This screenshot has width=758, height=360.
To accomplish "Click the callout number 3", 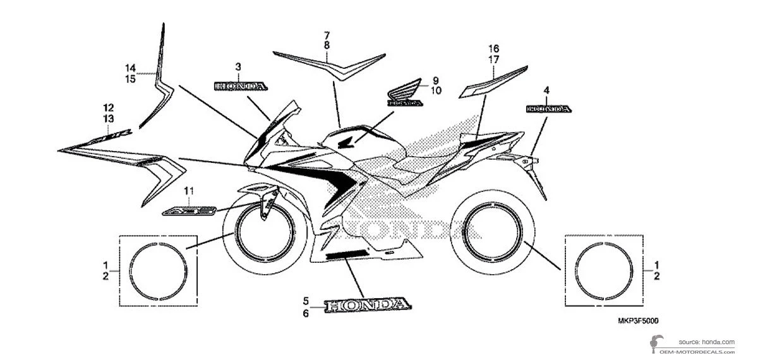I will pyautogui.click(x=238, y=66).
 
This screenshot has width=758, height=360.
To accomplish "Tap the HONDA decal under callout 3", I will pyautogui.click(x=241, y=85).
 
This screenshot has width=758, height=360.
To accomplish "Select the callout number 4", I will pyautogui.click(x=546, y=90).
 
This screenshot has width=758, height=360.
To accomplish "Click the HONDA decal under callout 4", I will pyautogui.click(x=549, y=109).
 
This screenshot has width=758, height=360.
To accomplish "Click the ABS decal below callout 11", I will pyautogui.click(x=188, y=210).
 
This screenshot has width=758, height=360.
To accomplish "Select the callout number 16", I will pyautogui.click(x=494, y=49).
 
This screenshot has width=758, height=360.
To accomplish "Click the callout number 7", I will pyautogui.click(x=327, y=35).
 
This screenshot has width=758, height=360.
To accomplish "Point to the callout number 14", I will pyautogui.click(x=130, y=68).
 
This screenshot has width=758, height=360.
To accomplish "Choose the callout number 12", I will pyautogui.click(x=109, y=107).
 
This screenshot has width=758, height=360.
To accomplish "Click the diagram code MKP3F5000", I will pyautogui.click(x=634, y=321).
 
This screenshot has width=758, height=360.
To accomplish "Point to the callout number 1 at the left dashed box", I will pyautogui.click(x=106, y=264).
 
